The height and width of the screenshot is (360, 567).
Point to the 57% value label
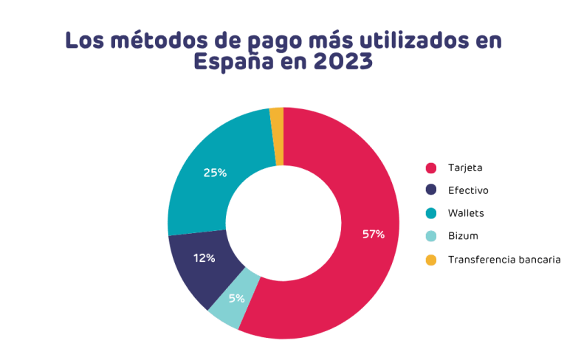(373, 235)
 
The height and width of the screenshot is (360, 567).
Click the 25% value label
(215, 173)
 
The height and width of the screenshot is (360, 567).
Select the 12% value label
(205, 258)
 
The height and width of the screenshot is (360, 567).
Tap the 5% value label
(236, 299)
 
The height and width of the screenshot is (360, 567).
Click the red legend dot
(431, 168)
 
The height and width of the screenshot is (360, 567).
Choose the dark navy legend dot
(431, 190)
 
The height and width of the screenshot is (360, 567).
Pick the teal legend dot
(431, 214)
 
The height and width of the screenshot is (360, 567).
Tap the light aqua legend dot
(431, 237)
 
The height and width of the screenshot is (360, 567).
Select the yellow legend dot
(431, 260)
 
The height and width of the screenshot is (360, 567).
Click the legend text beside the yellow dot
(502, 260)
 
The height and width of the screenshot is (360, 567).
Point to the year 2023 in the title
(342, 63)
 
